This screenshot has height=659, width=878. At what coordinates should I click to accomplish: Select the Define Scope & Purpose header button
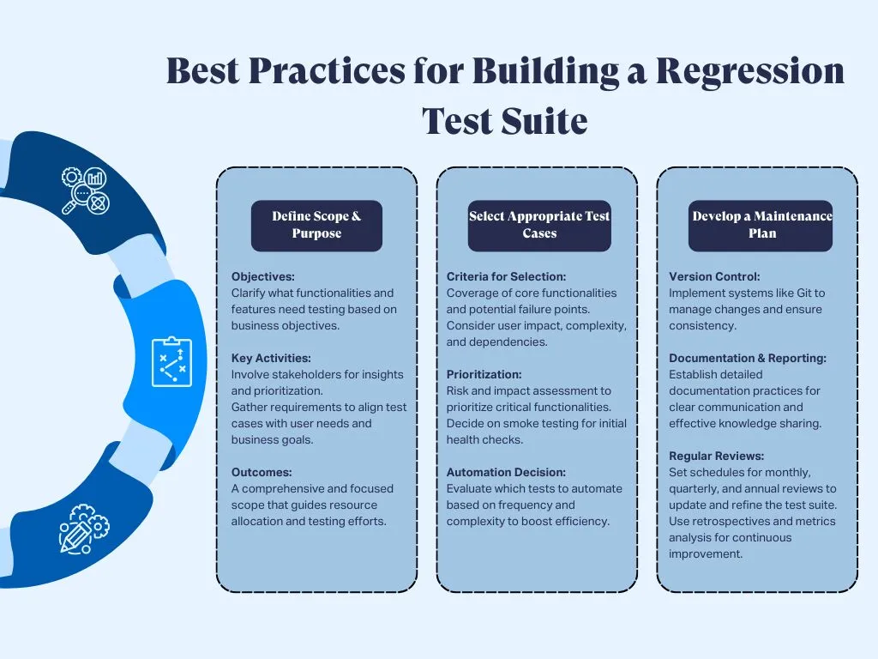pos(316,225)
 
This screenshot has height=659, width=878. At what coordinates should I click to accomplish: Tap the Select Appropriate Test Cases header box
pos(539,225)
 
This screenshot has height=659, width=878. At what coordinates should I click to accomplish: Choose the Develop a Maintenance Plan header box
pos(761,225)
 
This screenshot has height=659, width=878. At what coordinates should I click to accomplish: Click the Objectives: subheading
pos(263,277)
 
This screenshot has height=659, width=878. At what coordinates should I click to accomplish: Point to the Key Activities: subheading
pos(271,358)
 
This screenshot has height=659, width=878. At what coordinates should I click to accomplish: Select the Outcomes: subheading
pos(262,472)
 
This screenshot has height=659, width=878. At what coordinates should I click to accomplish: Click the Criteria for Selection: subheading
pos(506,277)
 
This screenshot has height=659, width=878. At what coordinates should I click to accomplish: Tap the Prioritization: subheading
pos(484,374)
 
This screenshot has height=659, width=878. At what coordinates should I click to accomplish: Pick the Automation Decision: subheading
pos(506,472)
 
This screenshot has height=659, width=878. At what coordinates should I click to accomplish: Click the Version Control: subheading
pos(714,277)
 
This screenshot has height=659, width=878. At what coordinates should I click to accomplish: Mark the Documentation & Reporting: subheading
pos(748,358)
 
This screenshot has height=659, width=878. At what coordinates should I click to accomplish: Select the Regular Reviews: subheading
pos(716,456)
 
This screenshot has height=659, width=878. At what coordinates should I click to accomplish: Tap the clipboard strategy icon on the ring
pos(171,361)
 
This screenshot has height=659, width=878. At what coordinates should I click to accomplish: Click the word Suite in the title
pos(546,122)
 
